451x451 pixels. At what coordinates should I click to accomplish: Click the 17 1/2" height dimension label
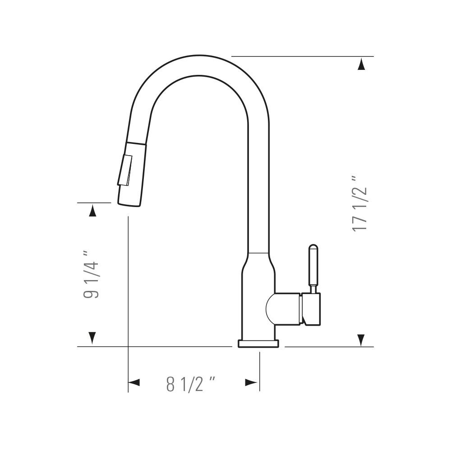[359, 203]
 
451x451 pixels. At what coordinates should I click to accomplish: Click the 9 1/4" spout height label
[91, 274]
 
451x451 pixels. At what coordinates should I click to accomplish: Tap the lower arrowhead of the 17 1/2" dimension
[362, 340]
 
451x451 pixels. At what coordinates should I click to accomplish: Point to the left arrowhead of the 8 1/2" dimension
[134, 382]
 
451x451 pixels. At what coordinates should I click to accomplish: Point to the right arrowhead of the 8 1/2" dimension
[251, 382]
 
